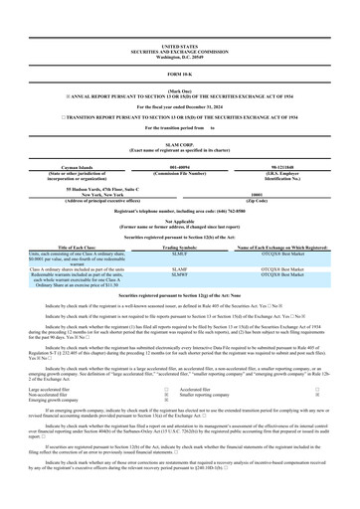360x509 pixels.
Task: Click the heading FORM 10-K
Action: [179, 76]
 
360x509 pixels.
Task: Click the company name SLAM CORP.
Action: [179, 144]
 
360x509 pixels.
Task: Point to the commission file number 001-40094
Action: [179, 167]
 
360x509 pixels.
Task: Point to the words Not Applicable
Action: [179, 222]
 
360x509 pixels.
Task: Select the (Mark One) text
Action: [179, 89]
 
